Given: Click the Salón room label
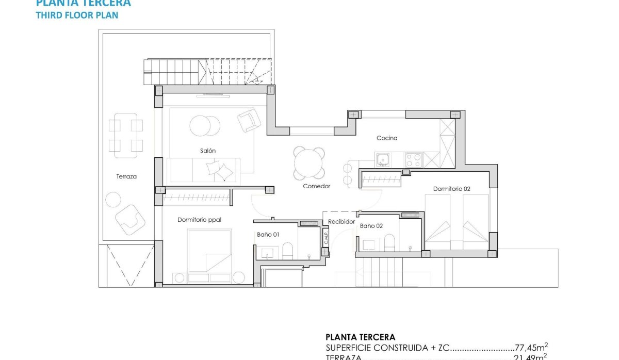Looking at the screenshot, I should (208, 151).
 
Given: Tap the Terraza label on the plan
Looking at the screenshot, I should (126, 176).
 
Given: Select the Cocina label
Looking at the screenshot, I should (387, 138).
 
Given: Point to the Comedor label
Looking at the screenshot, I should (316, 186).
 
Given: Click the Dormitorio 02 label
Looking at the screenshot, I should (451, 189).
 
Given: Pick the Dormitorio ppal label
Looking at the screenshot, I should (199, 220).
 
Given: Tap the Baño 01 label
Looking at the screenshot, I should (268, 235).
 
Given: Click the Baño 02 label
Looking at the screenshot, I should (371, 226).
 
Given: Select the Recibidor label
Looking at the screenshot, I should (341, 222).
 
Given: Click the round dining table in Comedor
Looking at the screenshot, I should (309, 162).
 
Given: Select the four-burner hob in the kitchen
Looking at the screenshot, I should (414, 159).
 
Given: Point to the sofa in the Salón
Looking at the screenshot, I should (203, 170).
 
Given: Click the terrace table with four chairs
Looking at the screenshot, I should (126, 135).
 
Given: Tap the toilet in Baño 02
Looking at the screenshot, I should (389, 242).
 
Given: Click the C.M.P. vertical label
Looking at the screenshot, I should (325, 238).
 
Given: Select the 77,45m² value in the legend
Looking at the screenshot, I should (531, 348).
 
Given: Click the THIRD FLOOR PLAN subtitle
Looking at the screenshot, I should (77, 15).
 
